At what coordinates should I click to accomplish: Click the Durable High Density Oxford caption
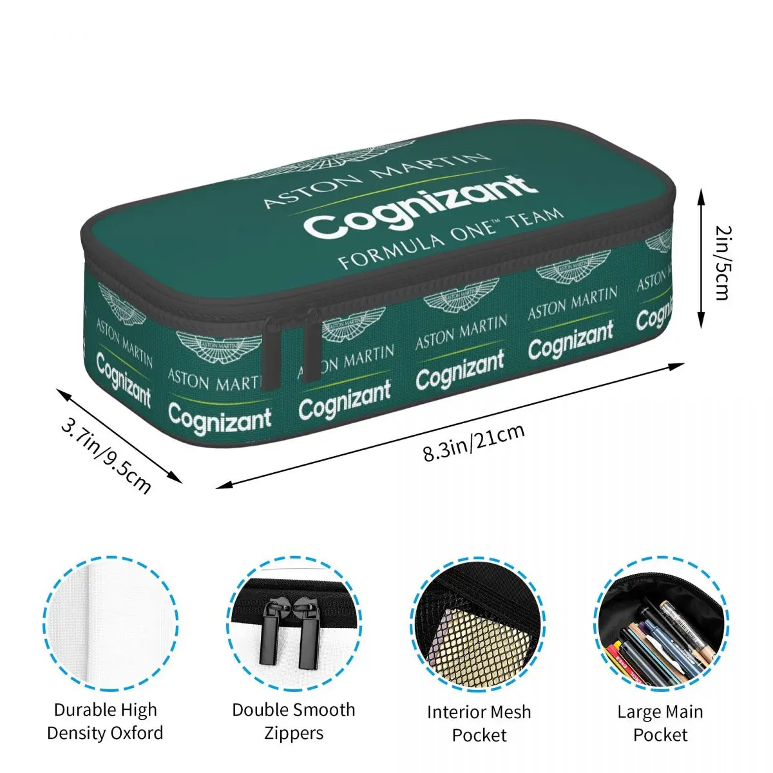click(x=106, y=721)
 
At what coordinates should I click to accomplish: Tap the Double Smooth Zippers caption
click(x=294, y=721)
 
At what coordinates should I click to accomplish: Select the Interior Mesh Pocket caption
click(x=479, y=723)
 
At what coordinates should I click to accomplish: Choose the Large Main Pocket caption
click(x=660, y=723)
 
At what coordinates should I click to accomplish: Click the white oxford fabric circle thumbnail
click(x=111, y=624)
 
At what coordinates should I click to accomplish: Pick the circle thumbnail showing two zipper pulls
click(x=294, y=624)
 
